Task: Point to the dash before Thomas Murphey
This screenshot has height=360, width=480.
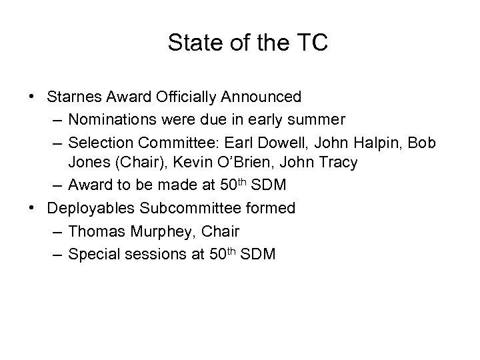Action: [55, 231]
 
